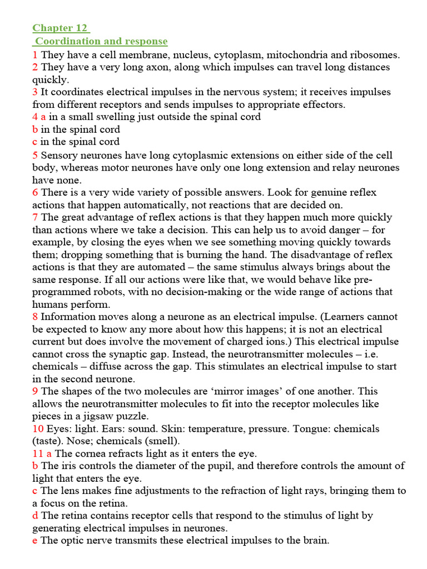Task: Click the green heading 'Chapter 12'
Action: point(61,28)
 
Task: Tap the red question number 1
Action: point(35,55)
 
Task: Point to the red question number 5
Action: point(35,155)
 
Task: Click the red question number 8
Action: point(35,317)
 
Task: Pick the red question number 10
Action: point(38,429)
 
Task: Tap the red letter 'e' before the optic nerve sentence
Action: point(35,540)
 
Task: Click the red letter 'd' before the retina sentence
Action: point(35,516)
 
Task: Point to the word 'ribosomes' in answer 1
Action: point(374,55)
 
